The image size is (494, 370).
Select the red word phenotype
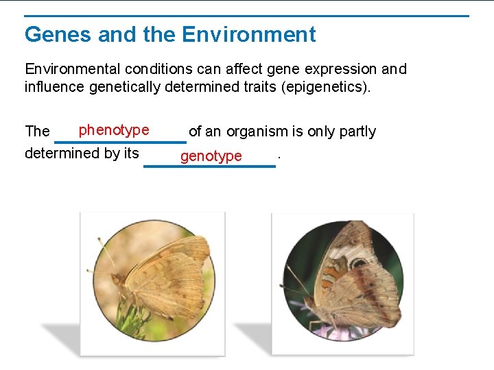[x=114, y=130]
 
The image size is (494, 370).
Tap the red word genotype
[x=211, y=156]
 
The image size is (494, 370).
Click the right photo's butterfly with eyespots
[x=357, y=281]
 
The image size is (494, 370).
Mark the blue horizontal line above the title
[x=247, y=16]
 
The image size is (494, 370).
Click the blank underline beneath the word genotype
[x=209, y=166]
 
